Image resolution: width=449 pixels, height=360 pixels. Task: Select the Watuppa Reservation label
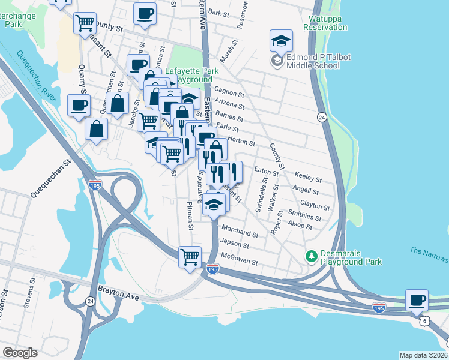(x=325, y=23)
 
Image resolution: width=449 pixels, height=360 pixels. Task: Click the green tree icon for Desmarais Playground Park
(x=311, y=257)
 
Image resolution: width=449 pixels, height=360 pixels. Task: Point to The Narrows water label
(x=429, y=254)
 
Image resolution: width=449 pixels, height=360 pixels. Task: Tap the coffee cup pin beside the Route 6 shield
(x=417, y=300)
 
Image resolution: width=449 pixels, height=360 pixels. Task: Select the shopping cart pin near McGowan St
(x=190, y=257)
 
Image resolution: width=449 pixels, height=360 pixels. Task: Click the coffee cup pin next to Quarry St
(x=79, y=106)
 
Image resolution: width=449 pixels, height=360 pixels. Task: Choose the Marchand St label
(x=240, y=232)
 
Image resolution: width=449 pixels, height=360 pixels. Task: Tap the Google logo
(x=20, y=353)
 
